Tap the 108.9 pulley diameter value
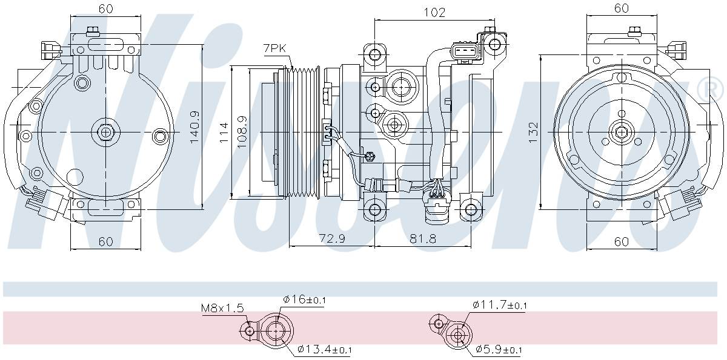(x=241, y=131)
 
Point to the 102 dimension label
(x=434, y=12)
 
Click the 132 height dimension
(x=533, y=131)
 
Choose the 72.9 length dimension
(x=331, y=239)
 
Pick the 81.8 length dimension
(x=422, y=239)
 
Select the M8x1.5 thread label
(x=222, y=309)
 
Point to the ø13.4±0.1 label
(x=324, y=350)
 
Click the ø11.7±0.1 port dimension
(x=500, y=306)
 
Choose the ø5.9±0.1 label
(x=499, y=350)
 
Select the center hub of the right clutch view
(x=622, y=132)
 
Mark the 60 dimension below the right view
(x=621, y=241)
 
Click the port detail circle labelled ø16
(x=277, y=332)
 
